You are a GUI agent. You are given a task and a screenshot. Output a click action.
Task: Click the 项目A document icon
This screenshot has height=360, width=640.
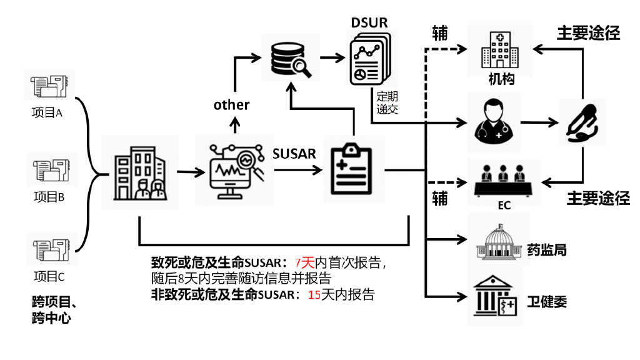pyautogui.click(x=49, y=86)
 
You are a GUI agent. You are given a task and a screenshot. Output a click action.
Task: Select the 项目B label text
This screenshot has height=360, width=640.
pyautogui.click(x=49, y=197)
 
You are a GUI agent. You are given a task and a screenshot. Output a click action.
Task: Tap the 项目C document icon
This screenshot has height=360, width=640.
pyautogui.click(x=49, y=249)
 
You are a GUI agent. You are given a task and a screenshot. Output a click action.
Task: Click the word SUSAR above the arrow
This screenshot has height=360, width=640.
pyautogui.click(x=294, y=153)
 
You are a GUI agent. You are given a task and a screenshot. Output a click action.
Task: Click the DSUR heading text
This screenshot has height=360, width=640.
pyautogui.click(x=369, y=22)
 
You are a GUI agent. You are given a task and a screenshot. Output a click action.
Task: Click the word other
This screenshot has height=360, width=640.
pyautogui.click(x=231, y=104)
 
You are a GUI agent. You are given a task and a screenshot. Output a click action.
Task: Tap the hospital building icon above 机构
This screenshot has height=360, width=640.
pyautogui.click(x=499, y=49)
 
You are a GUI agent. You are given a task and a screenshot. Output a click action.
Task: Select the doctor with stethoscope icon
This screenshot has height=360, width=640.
pyautogui.click(x=493, y=121)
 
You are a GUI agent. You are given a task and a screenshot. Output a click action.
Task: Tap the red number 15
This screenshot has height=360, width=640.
pyautogui.click(x=314, y=295)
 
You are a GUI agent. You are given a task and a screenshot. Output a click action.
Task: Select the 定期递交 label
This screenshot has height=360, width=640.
pyautogui.click(x=387, y=104)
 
